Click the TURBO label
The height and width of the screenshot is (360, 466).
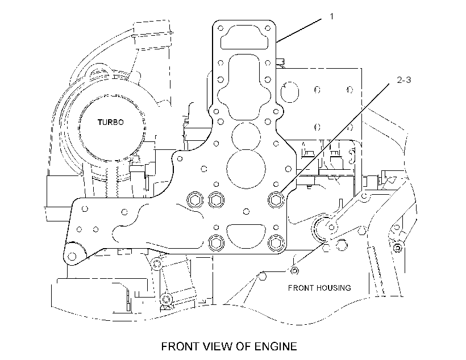pos(111,122)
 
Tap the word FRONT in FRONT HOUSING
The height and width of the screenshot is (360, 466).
pos(301,288)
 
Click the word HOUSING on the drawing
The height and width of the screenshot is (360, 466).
pos(334,288)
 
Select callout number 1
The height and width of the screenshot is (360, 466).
pos(332,16)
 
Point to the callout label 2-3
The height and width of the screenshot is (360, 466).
pos(404,79)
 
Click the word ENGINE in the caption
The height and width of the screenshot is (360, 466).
pos(276,346)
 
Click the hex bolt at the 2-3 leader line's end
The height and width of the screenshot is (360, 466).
pos(276,200)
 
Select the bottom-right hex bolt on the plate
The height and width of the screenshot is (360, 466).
pos(276,242)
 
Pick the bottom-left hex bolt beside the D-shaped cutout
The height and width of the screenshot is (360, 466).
pos(216,242)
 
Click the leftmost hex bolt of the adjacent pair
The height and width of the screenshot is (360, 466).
pos(195,200)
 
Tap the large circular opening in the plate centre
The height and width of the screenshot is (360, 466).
pos(246,169)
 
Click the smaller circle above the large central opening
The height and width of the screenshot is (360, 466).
pos(246,137)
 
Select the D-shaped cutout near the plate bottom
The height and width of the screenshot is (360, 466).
pos(246,235)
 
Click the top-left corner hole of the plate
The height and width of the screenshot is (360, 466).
pos(220,28)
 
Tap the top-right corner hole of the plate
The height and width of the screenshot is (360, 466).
pos(268,28)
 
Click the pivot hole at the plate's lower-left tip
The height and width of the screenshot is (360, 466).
pos(72,256)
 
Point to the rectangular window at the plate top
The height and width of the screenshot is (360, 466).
pos(244,37)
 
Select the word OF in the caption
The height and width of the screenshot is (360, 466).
pos(244,346)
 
